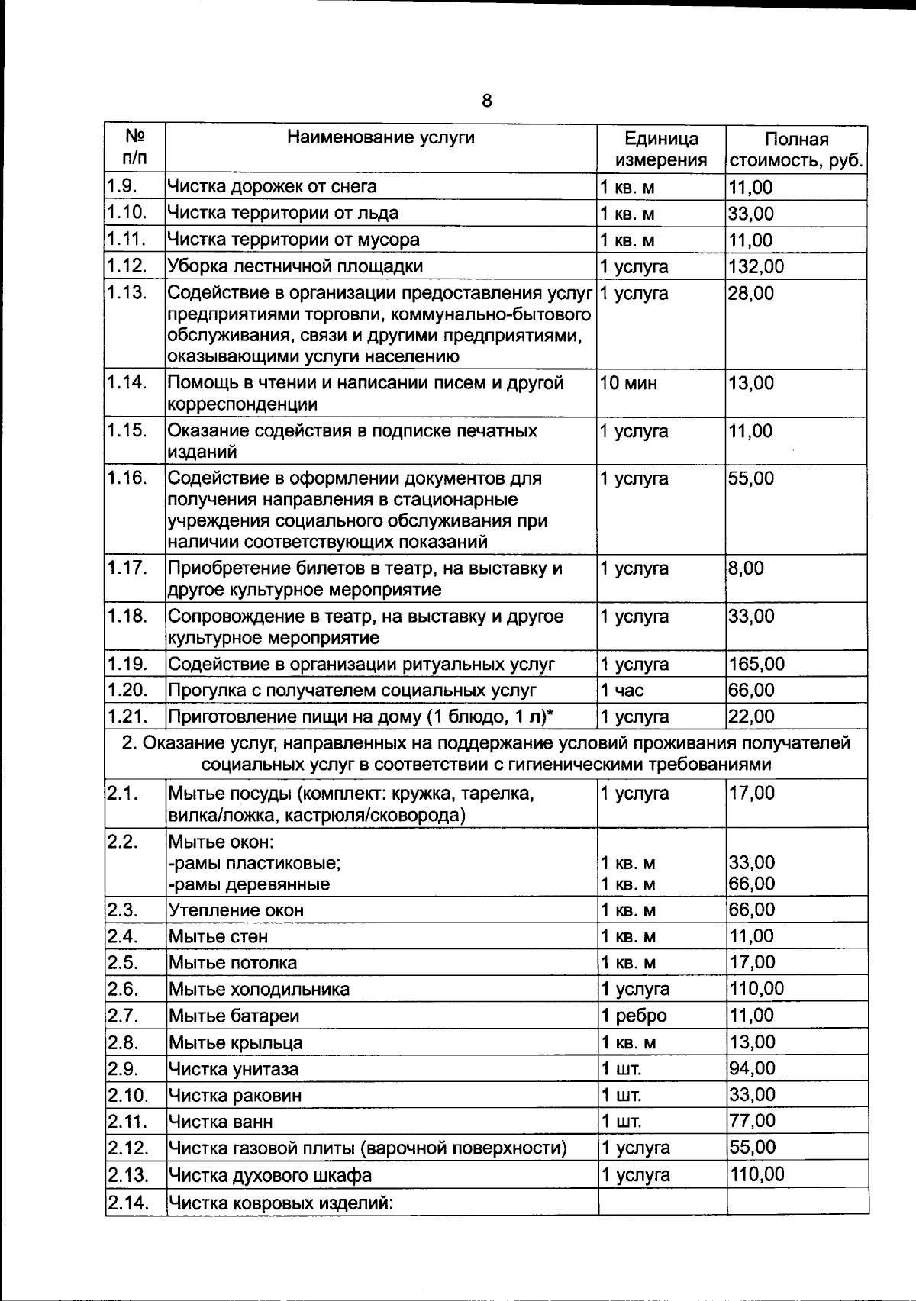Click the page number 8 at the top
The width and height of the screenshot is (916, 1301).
pos(486,101)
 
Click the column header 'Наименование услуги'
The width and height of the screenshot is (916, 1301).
pos(380,137)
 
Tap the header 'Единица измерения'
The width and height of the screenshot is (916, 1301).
pos(661,150)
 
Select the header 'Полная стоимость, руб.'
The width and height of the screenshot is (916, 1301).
pos(796,150)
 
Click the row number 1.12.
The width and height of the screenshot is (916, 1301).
pos(126,266)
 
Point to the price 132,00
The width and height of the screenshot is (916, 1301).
pos(756,266)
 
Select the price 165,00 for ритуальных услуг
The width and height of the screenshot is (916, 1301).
pos(756,664)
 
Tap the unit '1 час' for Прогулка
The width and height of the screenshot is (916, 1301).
pos(622,691)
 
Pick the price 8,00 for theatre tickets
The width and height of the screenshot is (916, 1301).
pos(746,568)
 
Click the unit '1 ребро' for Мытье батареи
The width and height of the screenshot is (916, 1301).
pos(634,1016)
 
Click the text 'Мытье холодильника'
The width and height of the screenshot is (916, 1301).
pos(259,990)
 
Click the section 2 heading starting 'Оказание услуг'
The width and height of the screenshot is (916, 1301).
pos(486,753)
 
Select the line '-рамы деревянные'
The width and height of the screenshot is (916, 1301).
pos(249,884)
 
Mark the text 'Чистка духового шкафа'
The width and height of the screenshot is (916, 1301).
pos(269,1175)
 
